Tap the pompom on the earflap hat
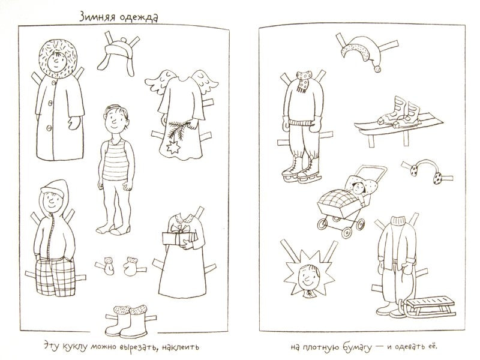(x=124, y=40)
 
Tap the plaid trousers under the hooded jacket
(x=55, y=277)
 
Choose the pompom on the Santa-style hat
(x=378, y=69)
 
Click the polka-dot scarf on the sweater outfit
(x=304, y=81)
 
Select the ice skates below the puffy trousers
(x=301, y=169)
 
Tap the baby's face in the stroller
(x=358, y=188)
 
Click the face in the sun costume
(x=308, y=277)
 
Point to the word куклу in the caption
(x=74, y=347)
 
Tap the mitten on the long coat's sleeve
(x=74, y=123)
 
